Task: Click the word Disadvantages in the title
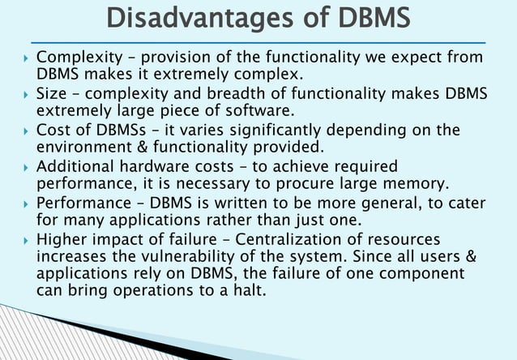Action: point(182,18)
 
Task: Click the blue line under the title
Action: point(258,41)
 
